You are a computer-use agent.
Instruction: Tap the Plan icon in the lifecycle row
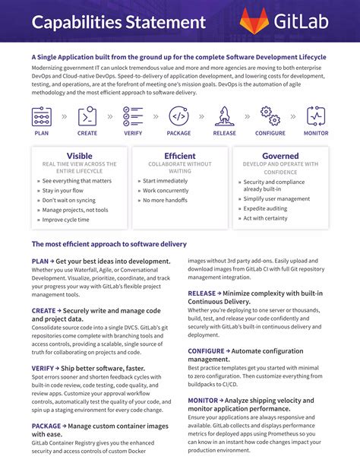(42, 116)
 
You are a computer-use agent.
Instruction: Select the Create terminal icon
(87, 116)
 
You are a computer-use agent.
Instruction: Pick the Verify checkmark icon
(133, 116)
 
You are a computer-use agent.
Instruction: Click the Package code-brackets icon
(178, 116)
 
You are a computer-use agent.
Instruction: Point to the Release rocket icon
(225, 116)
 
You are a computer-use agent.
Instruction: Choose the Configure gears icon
(270, 116)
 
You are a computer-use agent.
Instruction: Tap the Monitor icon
(317, 116)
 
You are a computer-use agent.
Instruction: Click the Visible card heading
(80, 156)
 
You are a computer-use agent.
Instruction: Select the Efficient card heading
(179, 156)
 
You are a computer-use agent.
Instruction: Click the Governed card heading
(280, 156)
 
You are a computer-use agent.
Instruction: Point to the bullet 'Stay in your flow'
(63, 190)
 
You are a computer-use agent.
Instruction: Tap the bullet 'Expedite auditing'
(266, 208)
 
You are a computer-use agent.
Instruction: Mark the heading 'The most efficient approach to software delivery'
(109, 244)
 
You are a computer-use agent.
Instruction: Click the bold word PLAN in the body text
(40, 261)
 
